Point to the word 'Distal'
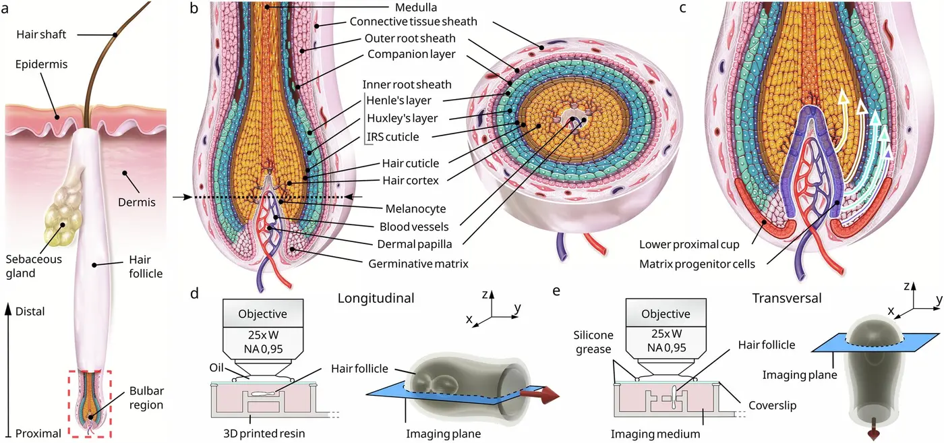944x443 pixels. (29, 312)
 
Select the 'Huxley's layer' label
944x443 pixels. (401, 119)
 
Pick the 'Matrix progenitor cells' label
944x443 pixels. (697, 264)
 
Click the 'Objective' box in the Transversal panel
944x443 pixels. (667, 314)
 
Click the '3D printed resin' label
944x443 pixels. (262, 433)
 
